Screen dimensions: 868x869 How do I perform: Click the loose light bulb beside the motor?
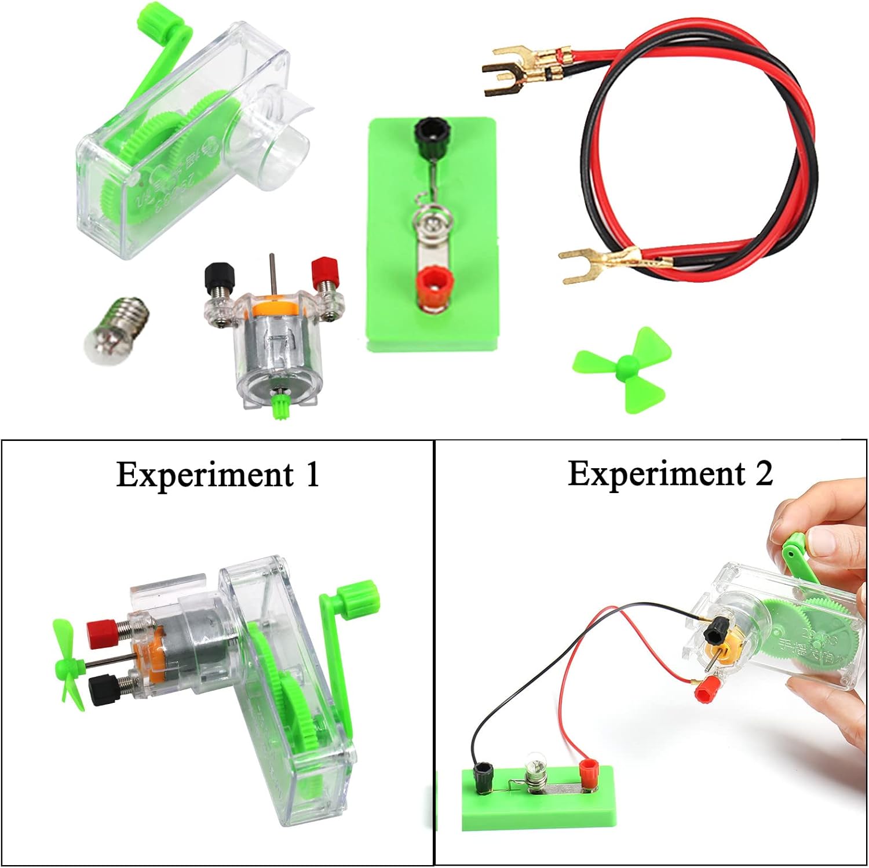point(122,330)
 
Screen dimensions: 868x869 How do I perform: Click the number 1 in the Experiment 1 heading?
point(311,475)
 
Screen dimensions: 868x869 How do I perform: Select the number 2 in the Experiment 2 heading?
point(762,473)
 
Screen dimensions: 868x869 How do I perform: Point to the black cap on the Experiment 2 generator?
point(717,628)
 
